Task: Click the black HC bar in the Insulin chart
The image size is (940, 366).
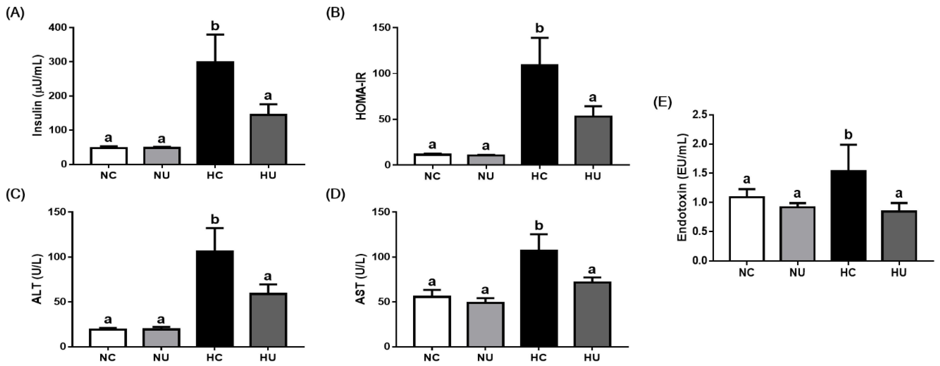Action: click(x=215, y=113)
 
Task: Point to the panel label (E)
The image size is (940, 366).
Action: click(x=662, y=103)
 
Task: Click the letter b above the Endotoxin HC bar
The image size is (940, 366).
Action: click(x=848, y=135)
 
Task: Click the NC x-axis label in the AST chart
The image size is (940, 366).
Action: click(x=432, y=357)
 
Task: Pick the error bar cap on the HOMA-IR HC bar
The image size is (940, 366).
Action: click(x=539, y=38)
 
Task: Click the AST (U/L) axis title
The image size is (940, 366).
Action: click(x=361, y=279)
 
